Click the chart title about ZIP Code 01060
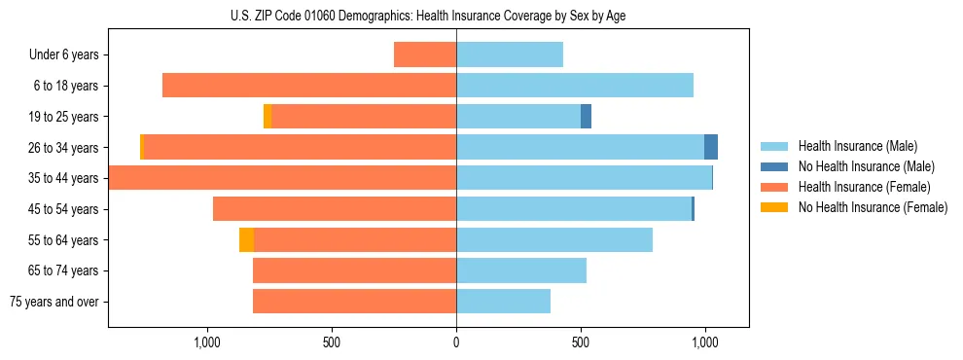428,17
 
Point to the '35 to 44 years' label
64,178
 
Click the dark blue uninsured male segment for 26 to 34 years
711,147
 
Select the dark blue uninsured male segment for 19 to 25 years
586,117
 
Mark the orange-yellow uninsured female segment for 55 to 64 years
246,239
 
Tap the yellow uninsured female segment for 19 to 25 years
267,117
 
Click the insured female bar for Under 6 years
425,54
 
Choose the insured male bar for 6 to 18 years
575,86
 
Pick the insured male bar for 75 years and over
503,302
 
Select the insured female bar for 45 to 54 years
335,209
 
